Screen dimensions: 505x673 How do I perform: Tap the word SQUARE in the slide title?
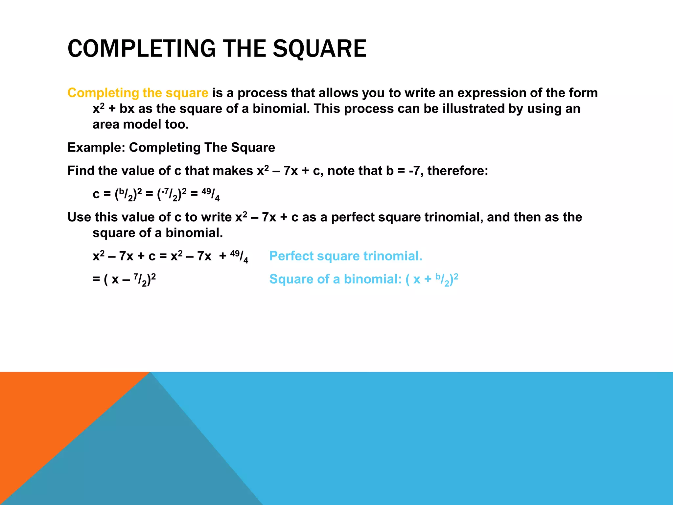tap(319, 49)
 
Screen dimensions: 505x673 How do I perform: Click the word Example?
tap(96, 148)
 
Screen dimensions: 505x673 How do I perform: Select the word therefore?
tap(458, 171)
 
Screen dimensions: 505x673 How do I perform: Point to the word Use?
tap(79, 217)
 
